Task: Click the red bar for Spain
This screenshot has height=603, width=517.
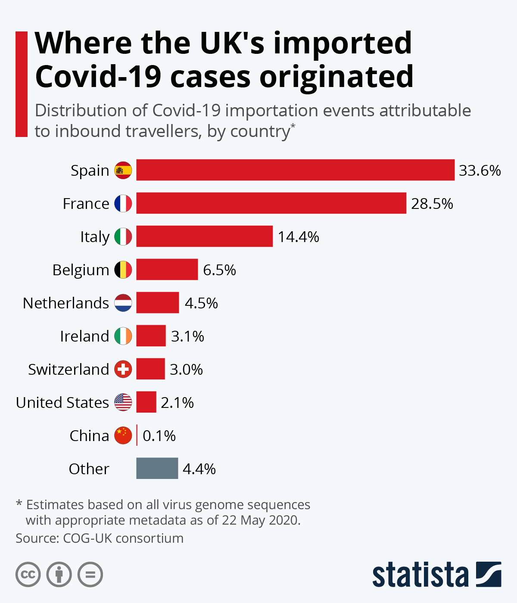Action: [295, 170]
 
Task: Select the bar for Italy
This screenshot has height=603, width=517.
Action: [204, 236]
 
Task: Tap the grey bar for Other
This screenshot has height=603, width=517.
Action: [157, 468]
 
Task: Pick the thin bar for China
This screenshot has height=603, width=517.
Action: [137, 435]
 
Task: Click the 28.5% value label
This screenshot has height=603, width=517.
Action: [432, 203]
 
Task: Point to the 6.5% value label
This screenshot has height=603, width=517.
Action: [219, 270]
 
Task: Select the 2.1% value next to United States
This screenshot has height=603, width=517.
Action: [177, 403]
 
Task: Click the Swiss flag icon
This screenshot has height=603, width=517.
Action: [123, 369]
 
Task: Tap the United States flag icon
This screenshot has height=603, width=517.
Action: [123, 402]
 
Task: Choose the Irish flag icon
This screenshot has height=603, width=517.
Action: [123, 336]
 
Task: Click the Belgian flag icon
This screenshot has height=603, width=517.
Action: [123, 270]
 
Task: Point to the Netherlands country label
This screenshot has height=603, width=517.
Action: [66, 303]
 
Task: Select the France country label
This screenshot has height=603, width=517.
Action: [86, 203]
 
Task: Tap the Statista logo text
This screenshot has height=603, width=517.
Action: [420, 575]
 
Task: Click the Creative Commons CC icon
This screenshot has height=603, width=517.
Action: [28, 575]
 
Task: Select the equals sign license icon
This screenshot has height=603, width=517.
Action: [90, 575]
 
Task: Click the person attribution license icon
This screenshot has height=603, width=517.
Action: [59, 575]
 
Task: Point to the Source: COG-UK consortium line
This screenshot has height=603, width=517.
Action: [100, 538]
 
